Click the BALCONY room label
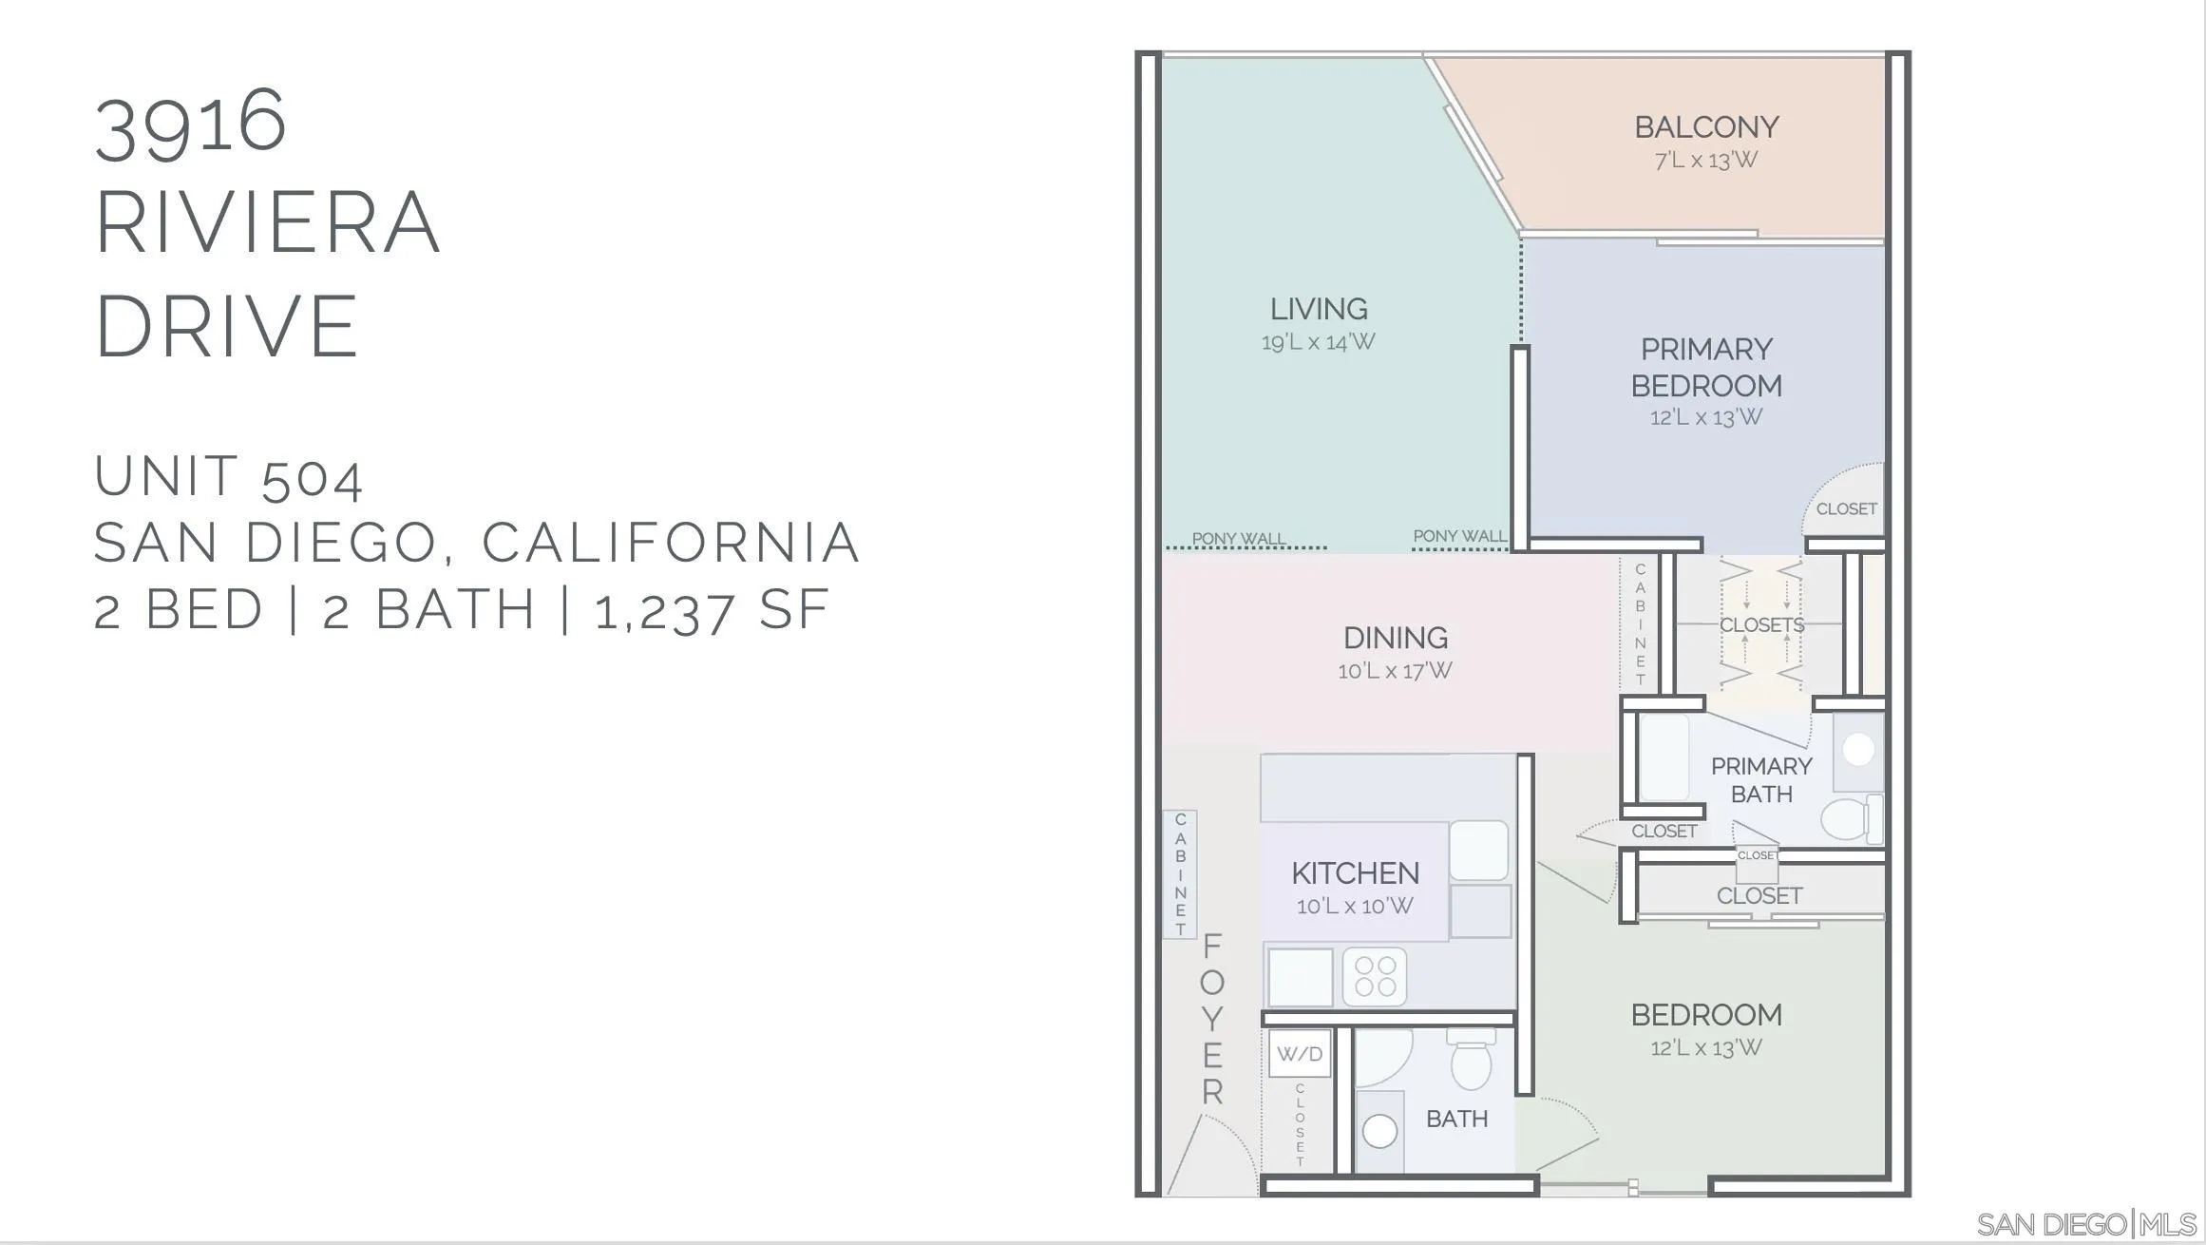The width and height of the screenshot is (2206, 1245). (1706, 127)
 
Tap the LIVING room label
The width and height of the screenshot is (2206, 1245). (1319, 309)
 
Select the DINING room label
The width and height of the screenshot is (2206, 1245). (1396, 638)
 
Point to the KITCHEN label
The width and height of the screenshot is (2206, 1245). (1355, 873)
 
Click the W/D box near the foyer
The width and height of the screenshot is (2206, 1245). (1300, 1054)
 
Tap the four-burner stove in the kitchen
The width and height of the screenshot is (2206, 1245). (1375, 977)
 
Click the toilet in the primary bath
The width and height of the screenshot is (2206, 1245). (1851, 819)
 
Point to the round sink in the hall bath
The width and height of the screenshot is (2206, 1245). (1379, 1131)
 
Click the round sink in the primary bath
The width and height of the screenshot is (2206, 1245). (1858, 750)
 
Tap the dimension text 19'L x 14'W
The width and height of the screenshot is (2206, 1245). (1318, 342)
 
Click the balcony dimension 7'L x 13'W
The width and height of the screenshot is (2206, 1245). (1706, 160)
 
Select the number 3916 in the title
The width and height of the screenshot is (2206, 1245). (190, 123)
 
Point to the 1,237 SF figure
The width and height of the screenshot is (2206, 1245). (712, 610)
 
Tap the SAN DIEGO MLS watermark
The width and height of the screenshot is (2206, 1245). (2086, 1224)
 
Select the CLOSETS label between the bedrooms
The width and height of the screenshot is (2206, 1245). (1761, 625)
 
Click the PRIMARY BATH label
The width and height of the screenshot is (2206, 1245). (1761, 780)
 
